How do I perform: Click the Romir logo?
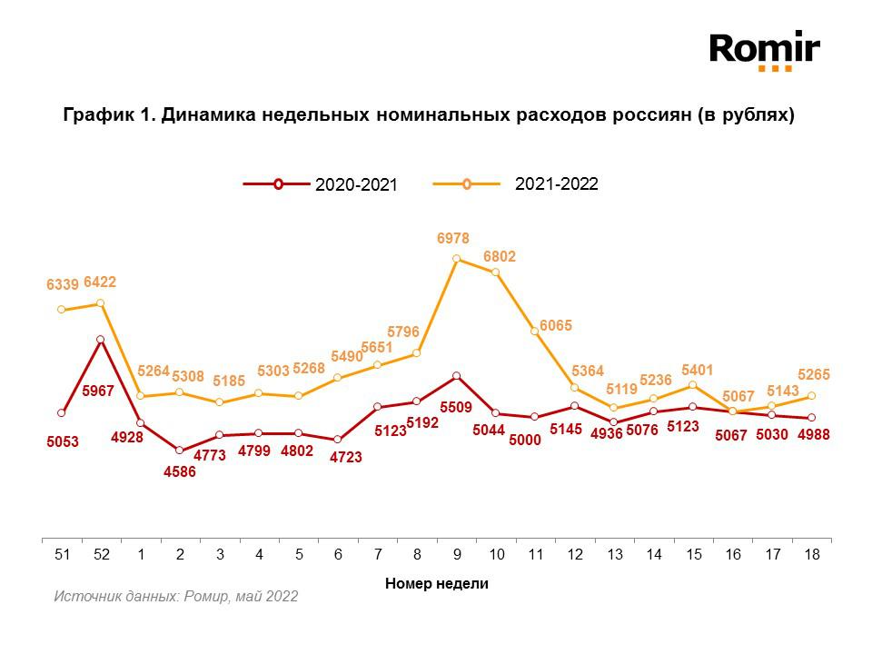click(764, 50)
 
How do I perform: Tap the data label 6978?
click(453, 238)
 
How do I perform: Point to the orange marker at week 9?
click(456, 259)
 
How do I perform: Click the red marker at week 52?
click(101, 340)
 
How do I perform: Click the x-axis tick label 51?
click(61, 553)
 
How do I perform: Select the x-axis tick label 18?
click(811, 553)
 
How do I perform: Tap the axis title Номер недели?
click(436, 583)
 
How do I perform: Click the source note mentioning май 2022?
click(175, 597)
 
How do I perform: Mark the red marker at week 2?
click(179, 451)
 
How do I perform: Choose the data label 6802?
click(499, 257)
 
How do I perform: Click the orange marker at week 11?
click(535, 332)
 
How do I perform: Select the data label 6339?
click(63, 285)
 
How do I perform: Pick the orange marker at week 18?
click(811, 396)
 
